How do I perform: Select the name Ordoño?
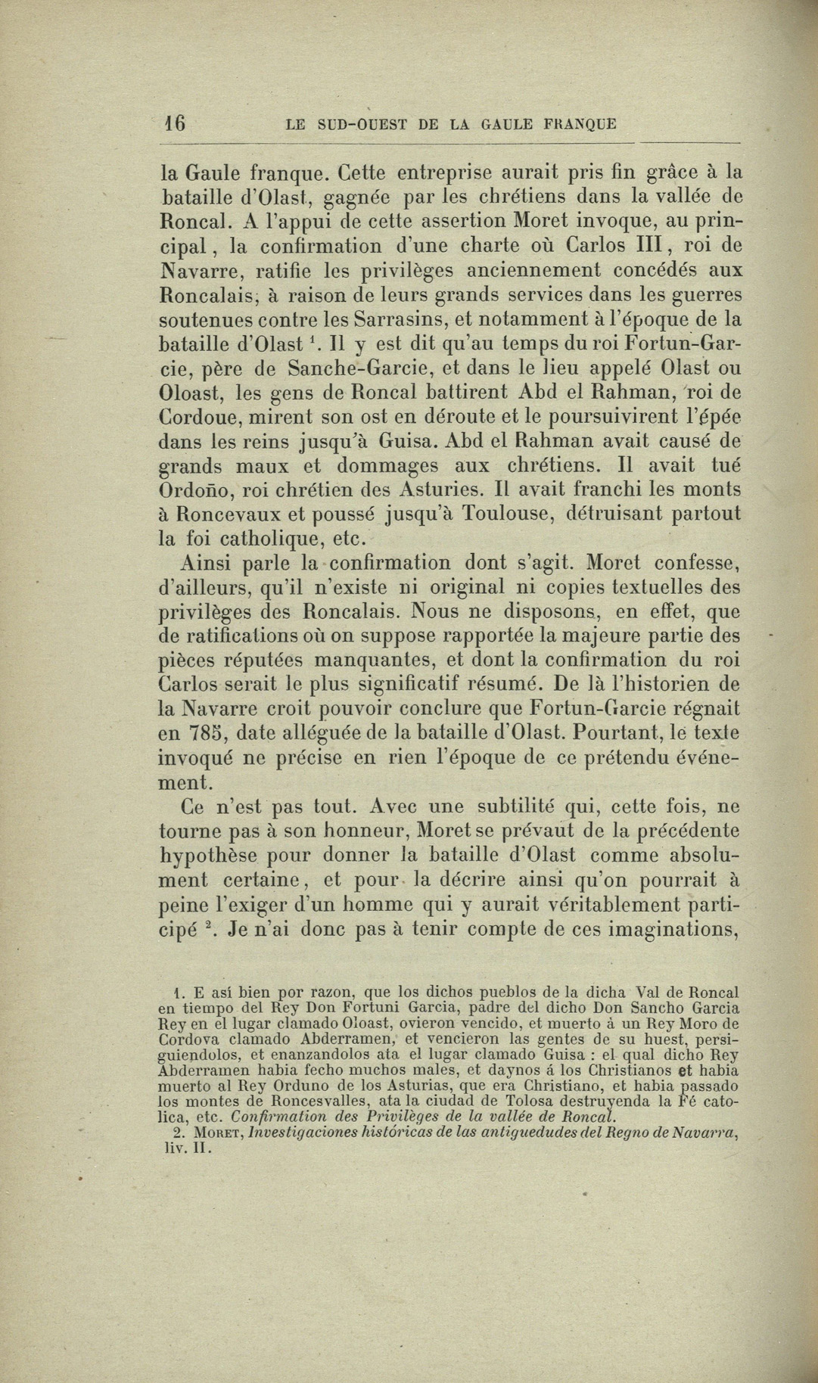(x=193, y=490)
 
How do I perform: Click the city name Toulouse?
(x=512, y=514)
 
